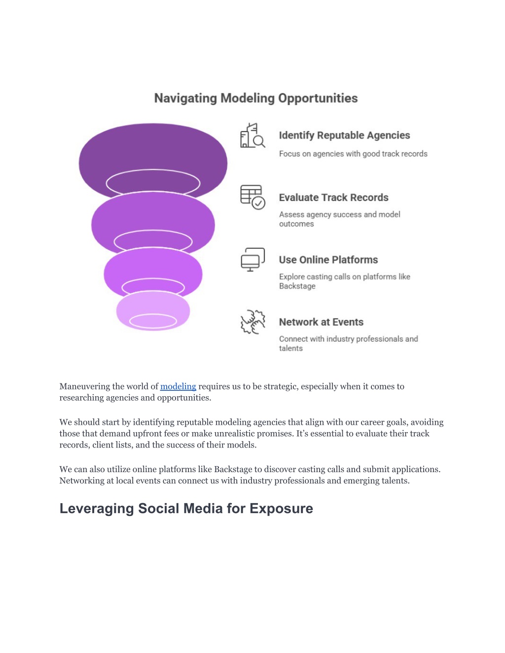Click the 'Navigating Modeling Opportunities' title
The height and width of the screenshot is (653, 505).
pyautogui.click(x=256, y=98)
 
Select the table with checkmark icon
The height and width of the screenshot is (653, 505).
pyautogui.click(x=252, y=197)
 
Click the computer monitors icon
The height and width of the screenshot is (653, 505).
pyautogui.click(x=252, y=259)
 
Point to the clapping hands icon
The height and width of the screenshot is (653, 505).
pyautogui.click(x=252, y=322)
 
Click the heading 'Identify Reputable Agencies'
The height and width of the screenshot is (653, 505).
pyautogui.click(x=345, y=136)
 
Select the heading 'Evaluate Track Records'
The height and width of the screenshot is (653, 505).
pyautogui.click(x=334, y=198)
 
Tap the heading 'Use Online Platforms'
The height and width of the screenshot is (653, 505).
pyautogui.click(x=328, y=260)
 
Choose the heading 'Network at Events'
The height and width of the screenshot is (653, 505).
pyautogui.click(x=321, y=322)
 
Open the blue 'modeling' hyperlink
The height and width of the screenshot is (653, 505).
pyautogui.click(x=178, y=386)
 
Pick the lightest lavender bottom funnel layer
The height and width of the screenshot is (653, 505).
pyautogui.click(x=153, y=311)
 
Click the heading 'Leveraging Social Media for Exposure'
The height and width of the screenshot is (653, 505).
pyautogui.click(x=186, y=509)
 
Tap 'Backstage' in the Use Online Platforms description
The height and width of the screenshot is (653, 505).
pyautogui.click(x=297, y=286)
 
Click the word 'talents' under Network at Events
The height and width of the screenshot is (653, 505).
pyautogui.click(x=290, y=348)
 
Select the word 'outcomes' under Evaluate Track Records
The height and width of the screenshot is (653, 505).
pyautogui.click(x=296, y=224)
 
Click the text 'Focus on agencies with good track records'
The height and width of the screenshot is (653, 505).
pyautogui.click(x=353, y=154)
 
